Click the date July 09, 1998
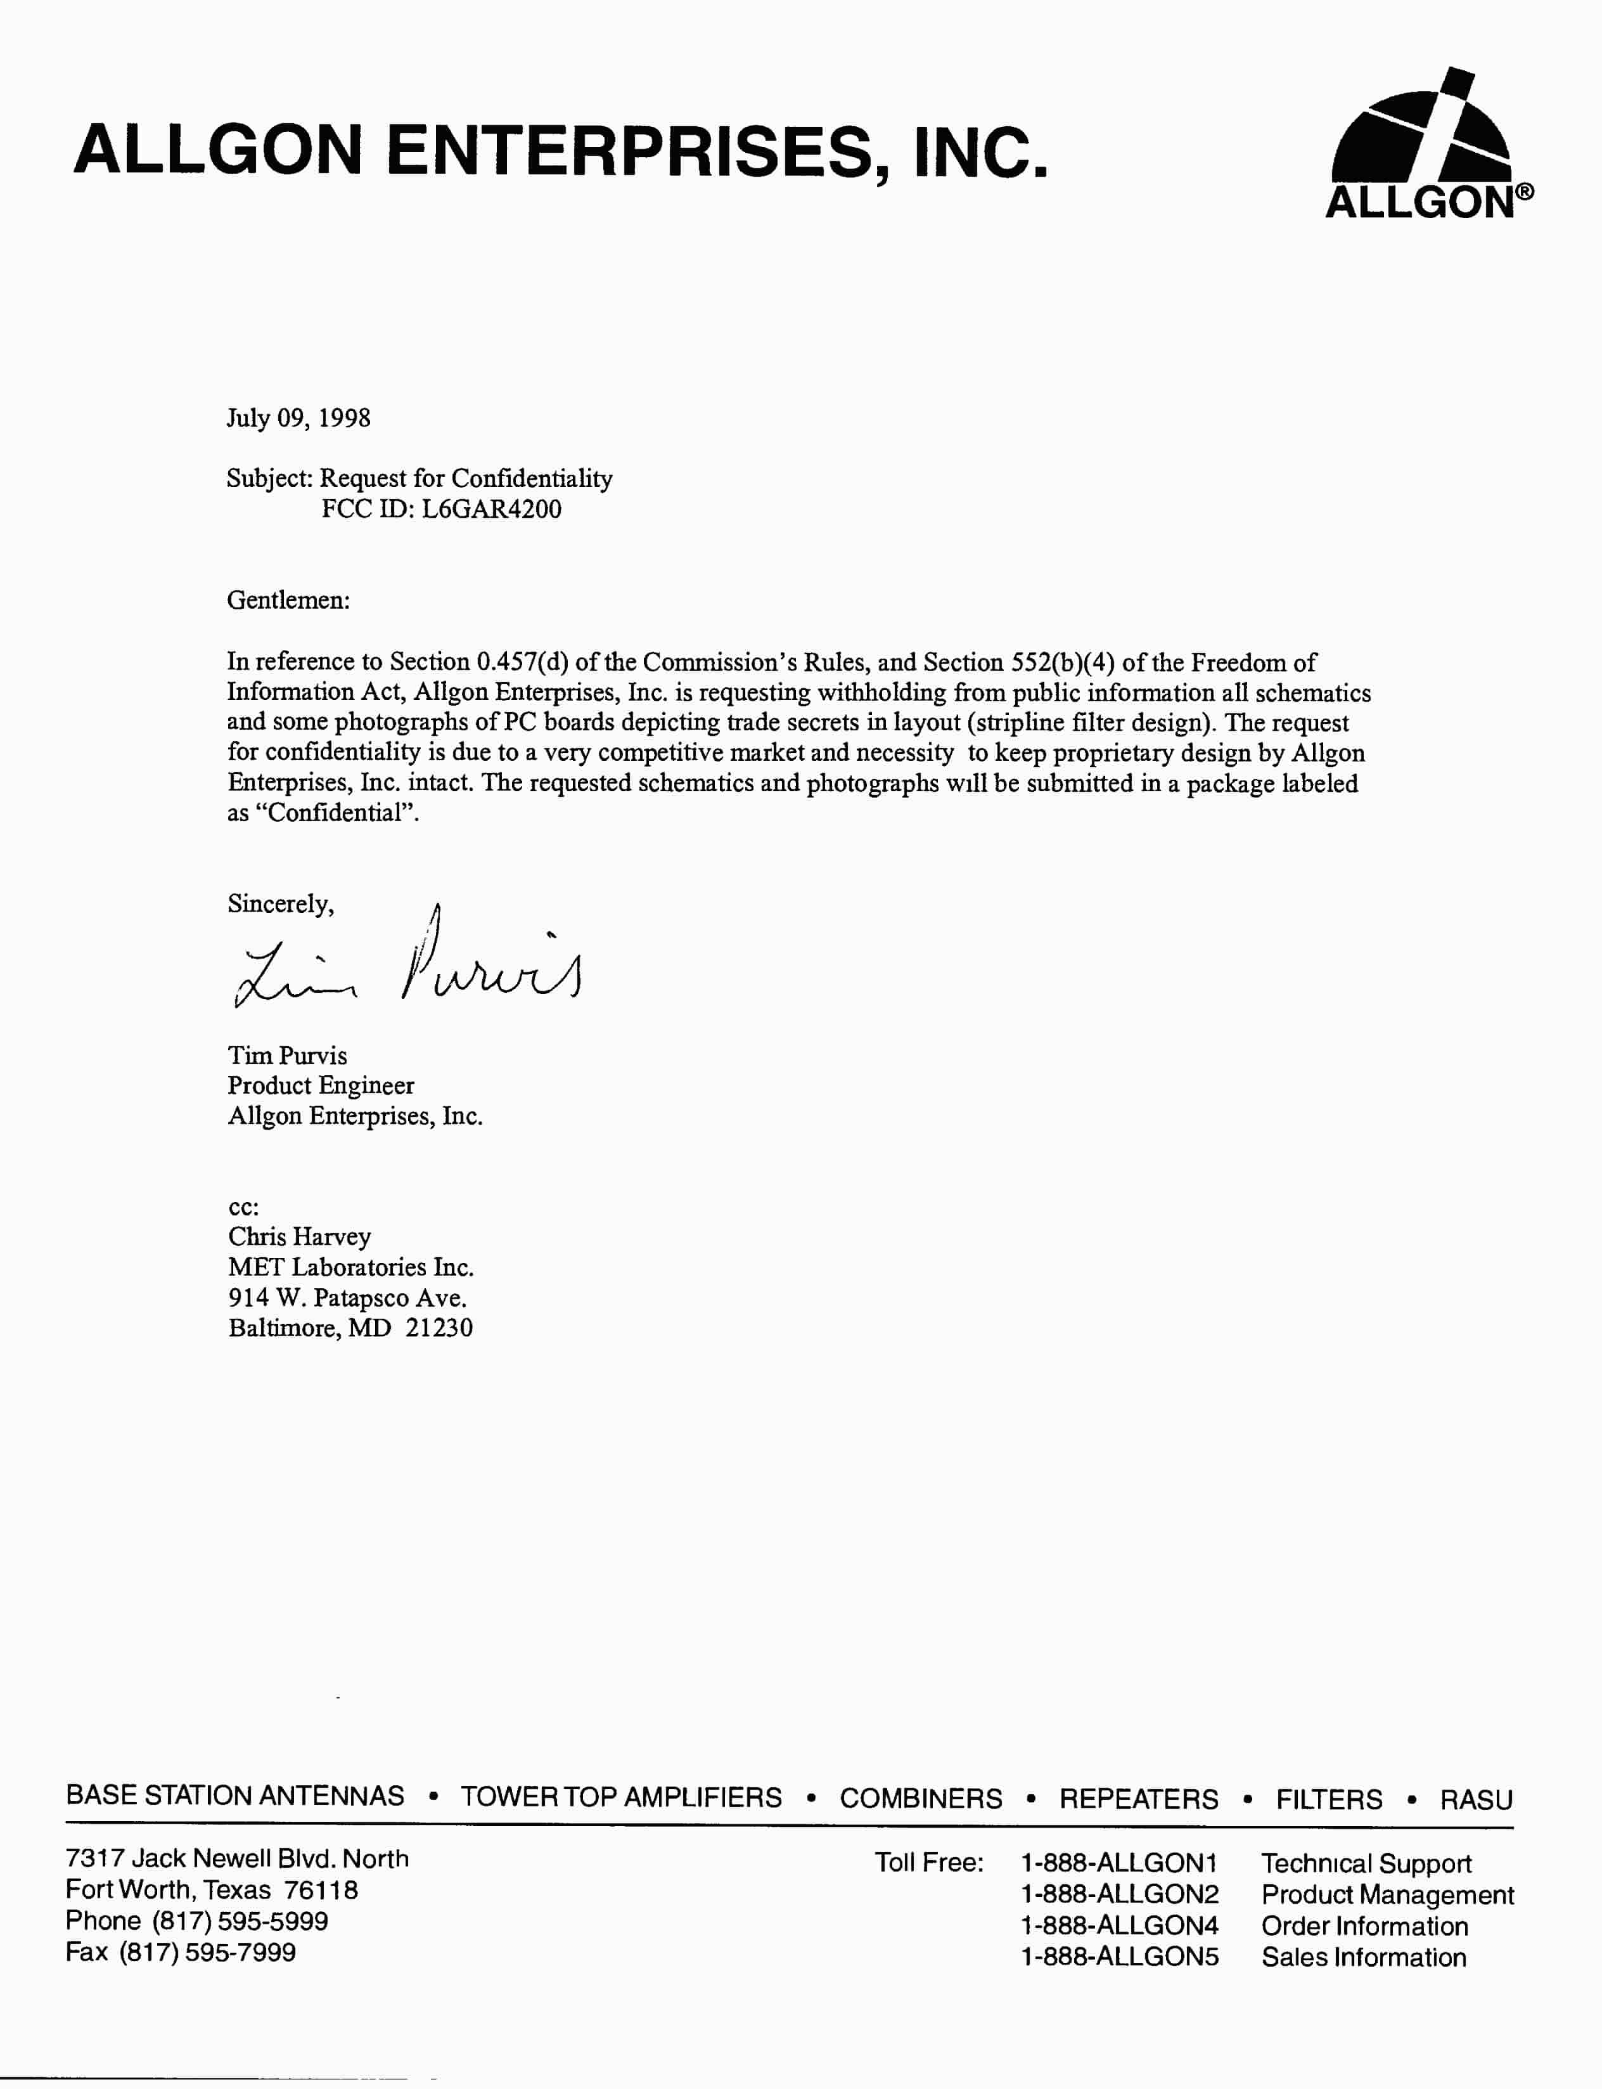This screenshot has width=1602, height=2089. coord(298,418)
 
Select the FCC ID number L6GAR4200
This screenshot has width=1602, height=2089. coord(491,508)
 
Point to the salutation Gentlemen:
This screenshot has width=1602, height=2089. coord(288,600)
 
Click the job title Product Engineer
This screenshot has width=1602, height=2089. coord(321,1085)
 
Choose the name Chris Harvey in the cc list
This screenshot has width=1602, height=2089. coord(299,1236)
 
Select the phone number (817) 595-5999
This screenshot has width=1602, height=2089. coord(240,1920)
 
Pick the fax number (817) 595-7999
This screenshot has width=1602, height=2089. coord(207,1951)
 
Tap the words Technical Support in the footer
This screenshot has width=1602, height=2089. coord(1366,1863)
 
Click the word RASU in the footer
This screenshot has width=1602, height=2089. coord(1475,1799)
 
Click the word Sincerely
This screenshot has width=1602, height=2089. coord(280,903)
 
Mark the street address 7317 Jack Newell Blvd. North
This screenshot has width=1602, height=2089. coord(236,1858)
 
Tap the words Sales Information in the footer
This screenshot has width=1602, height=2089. coord(1364,1957)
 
